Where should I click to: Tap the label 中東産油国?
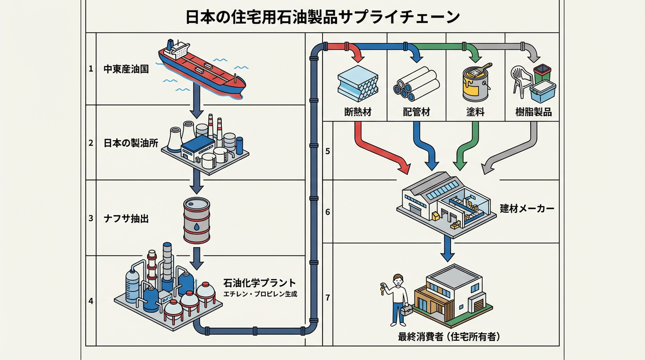point(126,69)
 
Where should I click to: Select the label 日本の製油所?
point(131,143)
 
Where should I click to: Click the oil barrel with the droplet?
point(197,220)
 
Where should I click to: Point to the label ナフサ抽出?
point(126,219)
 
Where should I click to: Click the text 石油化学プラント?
point(260,283)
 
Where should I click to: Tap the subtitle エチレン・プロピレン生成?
point(261,294)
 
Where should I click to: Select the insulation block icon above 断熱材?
point(358,84)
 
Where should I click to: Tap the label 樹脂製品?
point(534,112)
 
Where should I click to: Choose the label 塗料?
point(475,112)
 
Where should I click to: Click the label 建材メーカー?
point(527,209)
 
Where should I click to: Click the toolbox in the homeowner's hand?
point(407,310)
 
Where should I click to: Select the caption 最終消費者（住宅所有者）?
point(448,337)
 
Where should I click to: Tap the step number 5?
point(328,151)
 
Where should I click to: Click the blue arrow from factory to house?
point(447,249)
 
